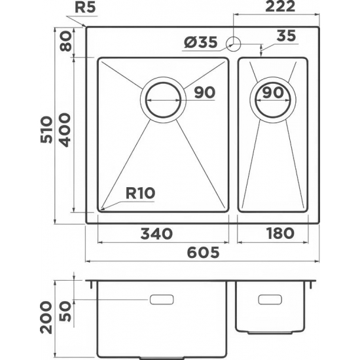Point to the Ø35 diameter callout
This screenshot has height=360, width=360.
[199, 43]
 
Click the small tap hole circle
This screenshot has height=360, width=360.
[232, 44]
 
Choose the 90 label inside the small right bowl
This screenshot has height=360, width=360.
[272, 93]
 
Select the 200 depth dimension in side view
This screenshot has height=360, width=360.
[45, 316]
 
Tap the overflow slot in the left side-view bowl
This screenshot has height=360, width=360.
[162, 299]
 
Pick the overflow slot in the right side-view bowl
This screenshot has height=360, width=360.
[269, 299]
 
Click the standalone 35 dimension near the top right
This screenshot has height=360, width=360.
[285, 36]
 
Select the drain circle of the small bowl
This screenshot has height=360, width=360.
[273, 100]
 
